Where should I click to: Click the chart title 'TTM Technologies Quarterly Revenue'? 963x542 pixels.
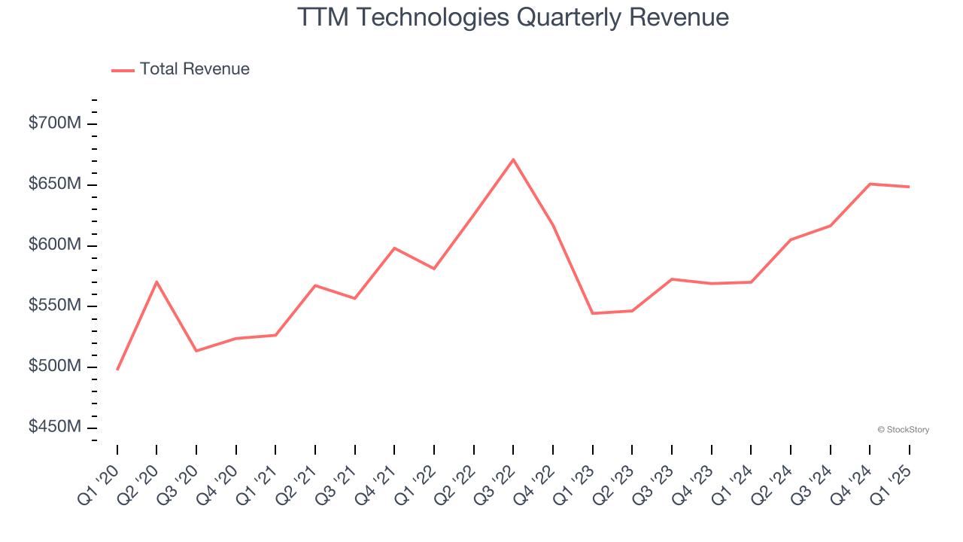(513, 17)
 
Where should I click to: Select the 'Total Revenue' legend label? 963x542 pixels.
(194, 69)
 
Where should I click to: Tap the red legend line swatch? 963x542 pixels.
(123, 70)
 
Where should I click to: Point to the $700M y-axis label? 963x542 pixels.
(54, 123)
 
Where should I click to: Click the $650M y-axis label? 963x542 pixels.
(54, 184)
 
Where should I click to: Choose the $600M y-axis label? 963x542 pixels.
(54, 245)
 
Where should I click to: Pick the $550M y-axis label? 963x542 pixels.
(54, 306)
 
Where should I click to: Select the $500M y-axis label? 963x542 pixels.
(54, 367)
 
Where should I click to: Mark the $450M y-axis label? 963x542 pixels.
(54, 427)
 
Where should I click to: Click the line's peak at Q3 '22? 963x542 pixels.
(513, 160)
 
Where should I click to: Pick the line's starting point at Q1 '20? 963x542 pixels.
(117, 370)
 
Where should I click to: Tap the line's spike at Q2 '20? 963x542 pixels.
(156, 282)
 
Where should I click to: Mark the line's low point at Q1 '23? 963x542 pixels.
(593, 313)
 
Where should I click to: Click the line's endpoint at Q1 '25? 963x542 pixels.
(909, 187)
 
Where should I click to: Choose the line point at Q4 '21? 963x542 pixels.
(394, 248)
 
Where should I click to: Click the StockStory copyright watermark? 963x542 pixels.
(903, 430)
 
